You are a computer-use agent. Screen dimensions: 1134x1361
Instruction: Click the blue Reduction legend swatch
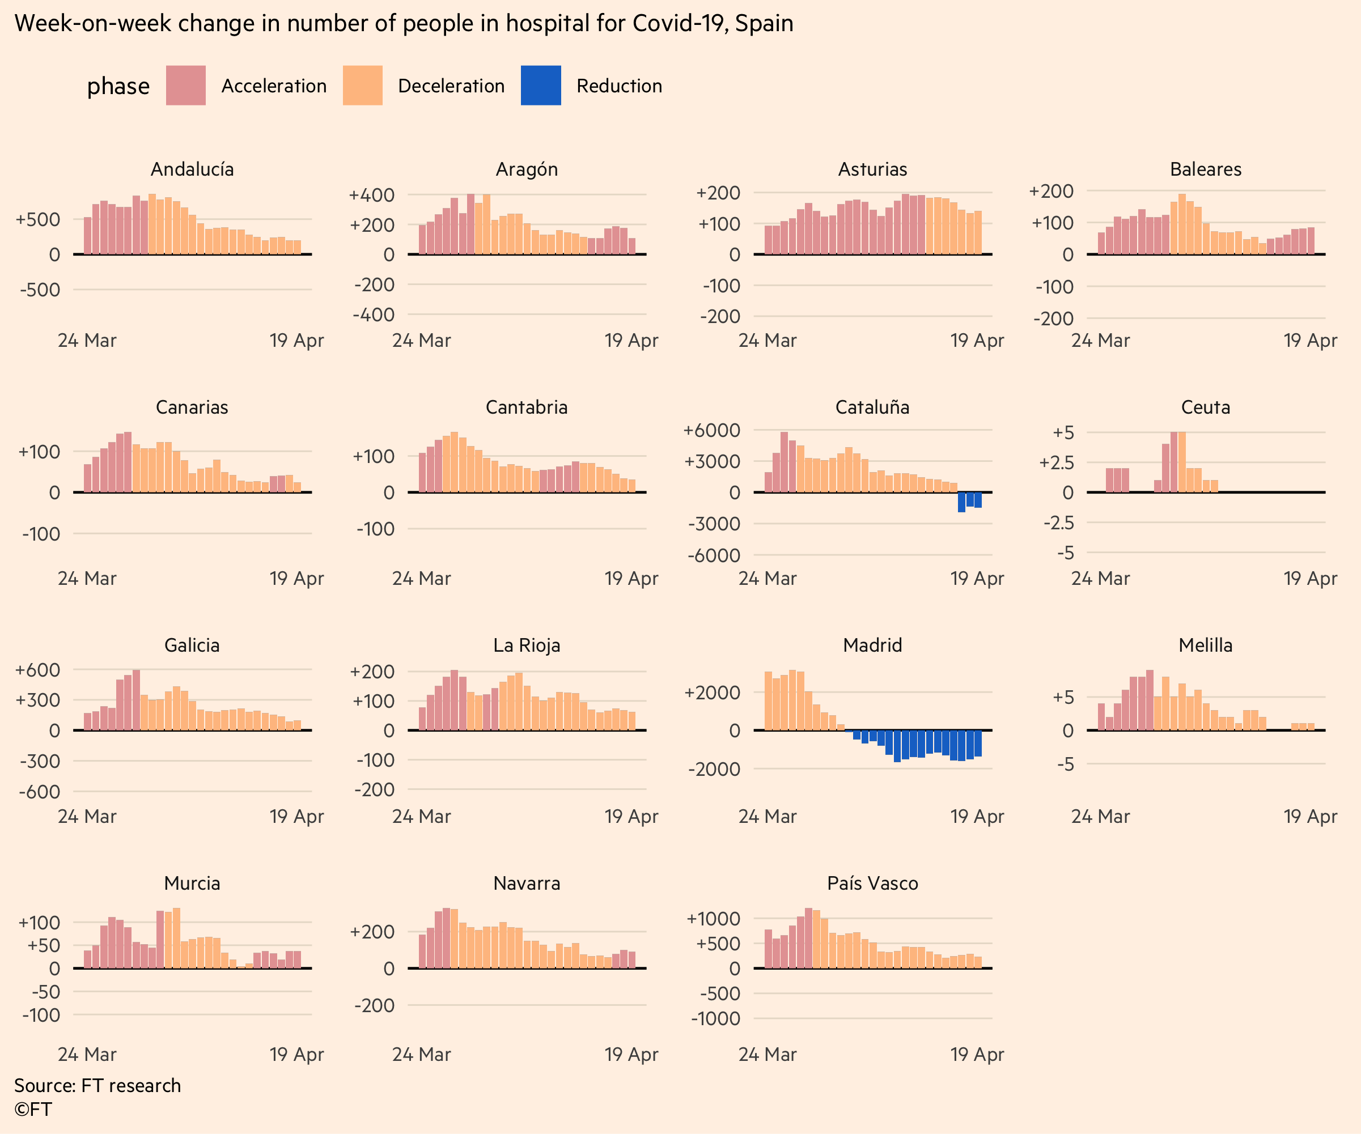pyautogui.click(x=541, y=86)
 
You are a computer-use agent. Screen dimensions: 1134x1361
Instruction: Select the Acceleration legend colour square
pyautogui.click(x=185, y=86)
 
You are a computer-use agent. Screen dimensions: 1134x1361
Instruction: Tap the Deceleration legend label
pyautogui.click(x=451, y=86)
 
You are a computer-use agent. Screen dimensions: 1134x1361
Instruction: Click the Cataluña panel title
pyautogui.click(x=872, y=407)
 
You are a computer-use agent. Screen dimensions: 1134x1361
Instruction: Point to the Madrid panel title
pyautogui.click(x=872, y=645)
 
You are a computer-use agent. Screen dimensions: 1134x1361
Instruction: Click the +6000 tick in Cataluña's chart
pyautogui.click(x=711, y=430)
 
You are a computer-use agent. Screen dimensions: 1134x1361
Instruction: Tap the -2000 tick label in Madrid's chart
pyautogui.click(x=714, y=769)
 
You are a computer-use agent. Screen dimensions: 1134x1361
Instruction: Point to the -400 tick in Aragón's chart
pyautogui.click(x=374, y=315)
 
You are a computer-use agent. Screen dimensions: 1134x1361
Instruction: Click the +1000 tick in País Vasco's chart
pyautogui.click(x=713, y=918)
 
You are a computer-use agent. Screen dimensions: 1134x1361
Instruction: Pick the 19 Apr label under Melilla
pyautogui.click(x=1310, y=817)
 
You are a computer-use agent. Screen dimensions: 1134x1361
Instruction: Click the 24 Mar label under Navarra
pyautogui.click(x=421, y=1054)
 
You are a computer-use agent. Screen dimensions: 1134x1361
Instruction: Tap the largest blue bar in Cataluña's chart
pyautogui.click(x=962, y=502)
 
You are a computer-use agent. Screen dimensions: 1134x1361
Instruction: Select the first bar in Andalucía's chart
pyautogui.click(x=87, y=236)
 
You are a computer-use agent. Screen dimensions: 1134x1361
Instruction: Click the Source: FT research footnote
pyautogui.click(x=98, y=1085)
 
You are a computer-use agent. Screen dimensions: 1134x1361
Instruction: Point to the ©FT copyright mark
pyautogui.click(x=33, y=1110)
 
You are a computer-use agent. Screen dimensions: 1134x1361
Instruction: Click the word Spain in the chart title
pyautogui.click(x=764, y=23)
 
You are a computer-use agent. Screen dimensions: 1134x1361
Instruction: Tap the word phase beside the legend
pyautogui.click(x=118, y=86)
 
